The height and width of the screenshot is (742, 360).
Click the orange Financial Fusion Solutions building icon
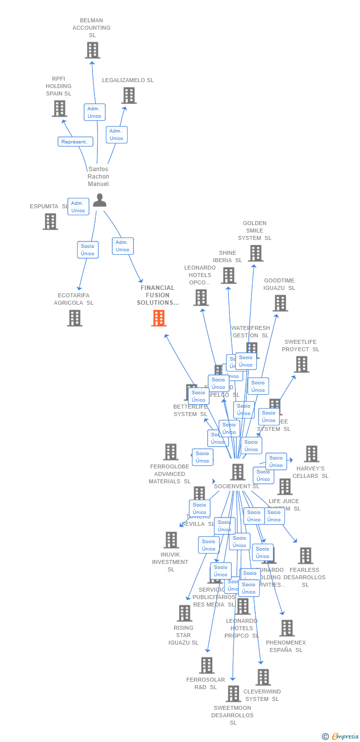point(159,318)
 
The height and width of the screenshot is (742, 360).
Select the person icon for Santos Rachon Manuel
point(99,200)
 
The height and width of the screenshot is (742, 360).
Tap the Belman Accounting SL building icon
point(92,50)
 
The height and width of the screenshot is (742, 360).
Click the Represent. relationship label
point(75,142)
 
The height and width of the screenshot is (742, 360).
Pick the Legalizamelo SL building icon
point(129,95)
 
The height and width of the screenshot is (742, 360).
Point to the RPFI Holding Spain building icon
point(59,108)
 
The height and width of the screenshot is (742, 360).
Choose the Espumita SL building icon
point(50,222)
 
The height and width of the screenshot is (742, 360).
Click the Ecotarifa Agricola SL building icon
point(74,318)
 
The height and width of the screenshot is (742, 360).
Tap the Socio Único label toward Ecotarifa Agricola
point(88,250)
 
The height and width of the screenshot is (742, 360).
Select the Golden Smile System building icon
point(255,253)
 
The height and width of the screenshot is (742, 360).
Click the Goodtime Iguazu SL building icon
point(280,303)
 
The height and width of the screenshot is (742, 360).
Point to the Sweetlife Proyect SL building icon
point(301,365)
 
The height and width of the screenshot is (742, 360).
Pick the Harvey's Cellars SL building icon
point(311,454)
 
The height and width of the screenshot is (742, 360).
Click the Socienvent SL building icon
point(237,472)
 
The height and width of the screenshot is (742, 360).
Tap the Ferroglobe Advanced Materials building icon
point(171,452)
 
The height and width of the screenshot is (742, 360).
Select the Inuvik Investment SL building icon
point(171,540)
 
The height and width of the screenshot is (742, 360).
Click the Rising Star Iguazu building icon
point(184,613)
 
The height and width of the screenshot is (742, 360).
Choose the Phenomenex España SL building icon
point(286,628)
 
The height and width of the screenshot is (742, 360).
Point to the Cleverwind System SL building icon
point(263,677)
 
